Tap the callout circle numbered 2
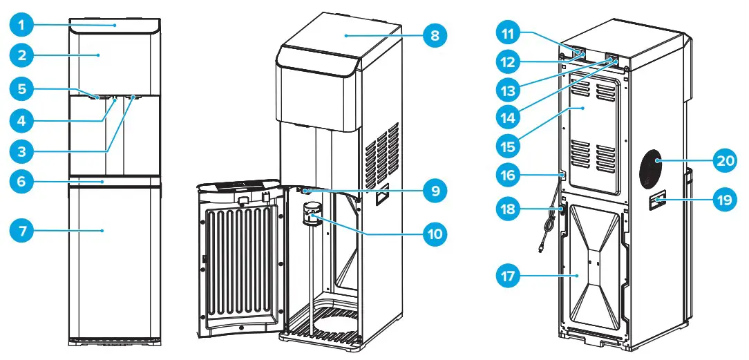click(x=22, y=55)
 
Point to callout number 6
click(x=22, y=182)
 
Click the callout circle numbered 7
click(x=22, y=230)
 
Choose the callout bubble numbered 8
click(x=435, y=35)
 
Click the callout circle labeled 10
click(x=435, y=234)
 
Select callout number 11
click(x=511, y=32)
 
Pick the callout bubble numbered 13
click(x=511, y=89)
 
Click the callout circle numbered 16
click(x=511, y=177)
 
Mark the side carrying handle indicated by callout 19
click(x=657, y=201)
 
